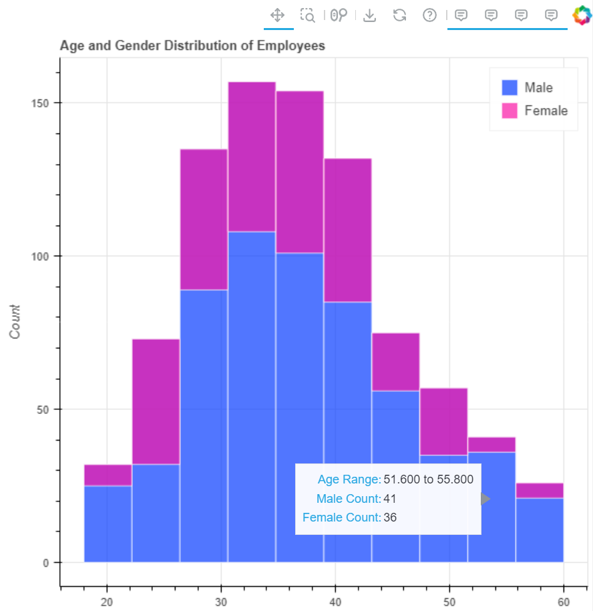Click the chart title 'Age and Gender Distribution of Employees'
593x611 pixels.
pos(192,46)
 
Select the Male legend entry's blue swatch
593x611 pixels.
pos(510,87)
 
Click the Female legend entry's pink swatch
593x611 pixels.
pos(510,111)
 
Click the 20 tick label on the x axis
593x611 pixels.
pos(107,600)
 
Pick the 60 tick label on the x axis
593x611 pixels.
pos(564,600)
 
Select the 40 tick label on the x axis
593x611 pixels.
pos(335,600)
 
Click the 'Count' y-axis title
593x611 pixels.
pos(15,321)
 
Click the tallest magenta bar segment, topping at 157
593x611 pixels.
pos(252,156)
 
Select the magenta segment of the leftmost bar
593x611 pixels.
pos(108,475)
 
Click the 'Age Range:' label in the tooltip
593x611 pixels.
pos(349,479)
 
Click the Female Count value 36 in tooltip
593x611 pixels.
pos(391,518)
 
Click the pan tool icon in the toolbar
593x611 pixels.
pos(278,15)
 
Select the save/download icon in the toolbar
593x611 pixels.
pos(369,15)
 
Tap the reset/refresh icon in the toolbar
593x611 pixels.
pos(400,15)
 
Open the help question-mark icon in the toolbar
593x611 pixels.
pos(429,15)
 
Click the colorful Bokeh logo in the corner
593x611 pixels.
pos(582,15)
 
